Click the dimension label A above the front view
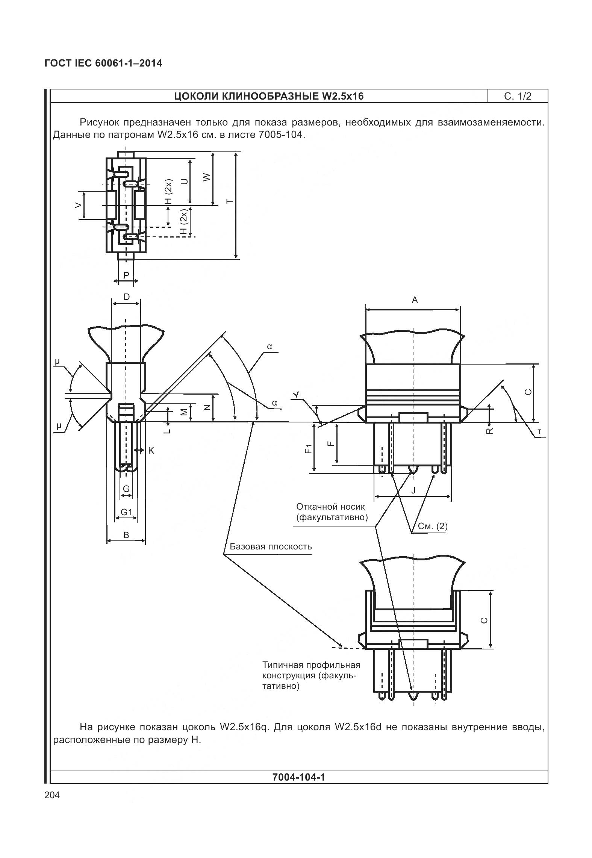[415, 300]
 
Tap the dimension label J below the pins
[413, 490]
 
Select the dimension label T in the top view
[230, 201]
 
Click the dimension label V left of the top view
[78, 205]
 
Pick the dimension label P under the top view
[126, 275]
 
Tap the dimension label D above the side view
[127, 297]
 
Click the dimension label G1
[126, 512]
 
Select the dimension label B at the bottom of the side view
[126, 535]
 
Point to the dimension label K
[151, 450]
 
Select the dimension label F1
[309, 449]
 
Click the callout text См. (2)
[433, 526]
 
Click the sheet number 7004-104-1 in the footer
[298, 777]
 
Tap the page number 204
[52, 795]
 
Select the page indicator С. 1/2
[518, 96]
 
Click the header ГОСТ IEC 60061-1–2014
[103, 63]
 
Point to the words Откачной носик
[330, 507]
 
